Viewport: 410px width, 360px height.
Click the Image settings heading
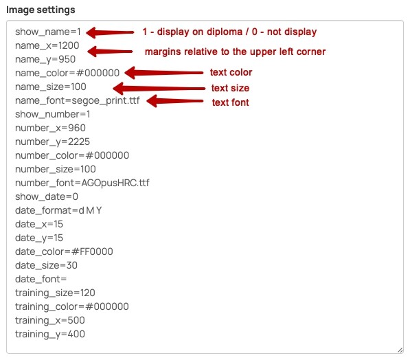41,10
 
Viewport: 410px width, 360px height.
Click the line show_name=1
48,32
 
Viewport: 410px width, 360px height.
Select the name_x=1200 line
47,46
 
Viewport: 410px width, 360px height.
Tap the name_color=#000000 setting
67,73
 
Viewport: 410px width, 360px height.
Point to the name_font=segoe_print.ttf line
78,101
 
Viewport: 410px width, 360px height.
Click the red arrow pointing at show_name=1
110,32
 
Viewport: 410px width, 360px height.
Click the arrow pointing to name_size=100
159,89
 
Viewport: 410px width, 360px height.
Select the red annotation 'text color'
231,72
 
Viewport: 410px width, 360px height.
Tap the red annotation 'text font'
230,102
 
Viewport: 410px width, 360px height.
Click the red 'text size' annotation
230,88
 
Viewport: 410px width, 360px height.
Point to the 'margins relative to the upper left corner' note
235,52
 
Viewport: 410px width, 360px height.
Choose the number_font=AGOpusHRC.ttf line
82,183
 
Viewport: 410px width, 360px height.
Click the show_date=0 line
47,196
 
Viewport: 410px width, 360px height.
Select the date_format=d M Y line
58,210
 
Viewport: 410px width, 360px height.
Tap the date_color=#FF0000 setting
64,251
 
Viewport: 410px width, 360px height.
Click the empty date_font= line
41,279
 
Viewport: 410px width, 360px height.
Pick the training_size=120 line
55,293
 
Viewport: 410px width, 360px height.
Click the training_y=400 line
50,334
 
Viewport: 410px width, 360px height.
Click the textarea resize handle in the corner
400,350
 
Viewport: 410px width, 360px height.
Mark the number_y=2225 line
52,142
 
